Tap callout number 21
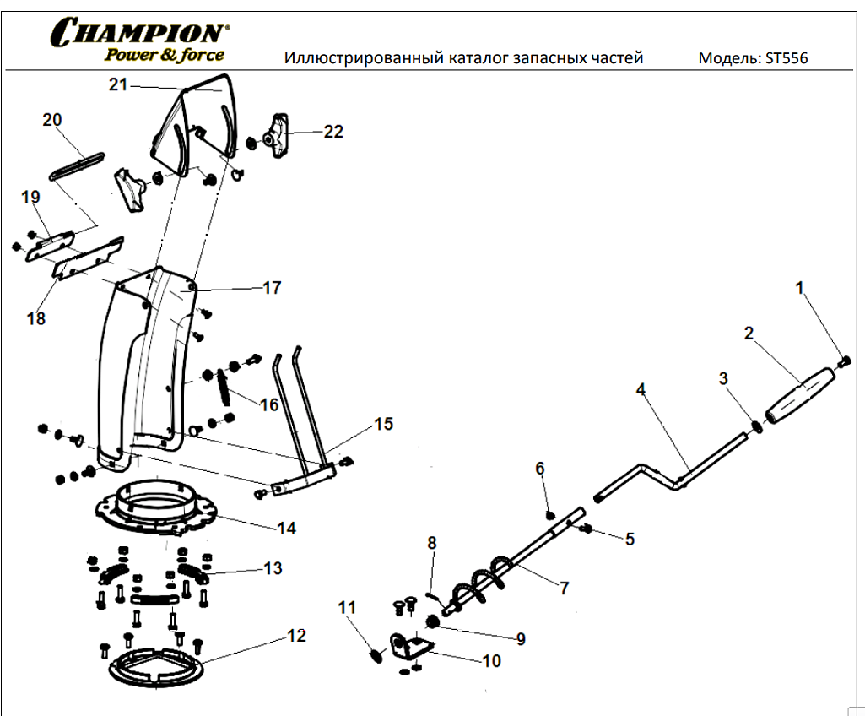tap(117, 84)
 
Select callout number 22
tap(334, 132)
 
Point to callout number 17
tap(272, 288)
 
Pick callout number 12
tap(296, 636)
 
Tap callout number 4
tap(641, 389)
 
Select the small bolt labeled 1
tap(846, 361)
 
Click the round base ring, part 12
tap(156, 667)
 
